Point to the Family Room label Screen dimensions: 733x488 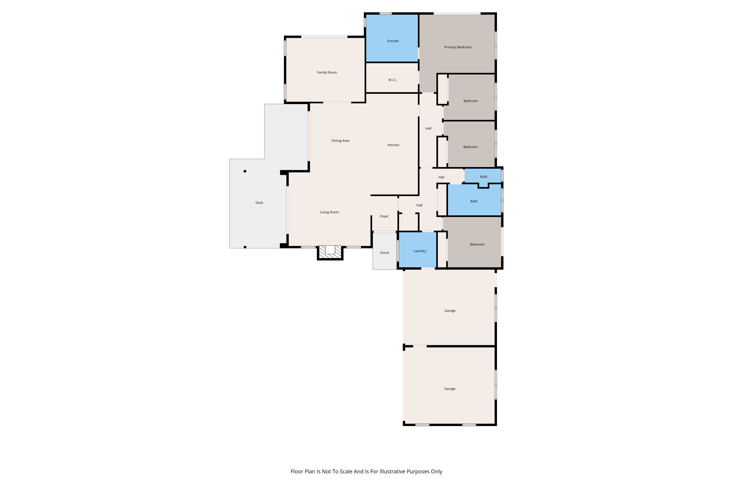(327, 72)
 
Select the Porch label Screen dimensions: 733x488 (385, 253)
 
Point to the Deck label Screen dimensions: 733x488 (259, 203)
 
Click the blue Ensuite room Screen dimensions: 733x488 (392, 38)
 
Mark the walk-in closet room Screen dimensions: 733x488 (392, 78)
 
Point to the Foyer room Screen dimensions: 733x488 (384, 214)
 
